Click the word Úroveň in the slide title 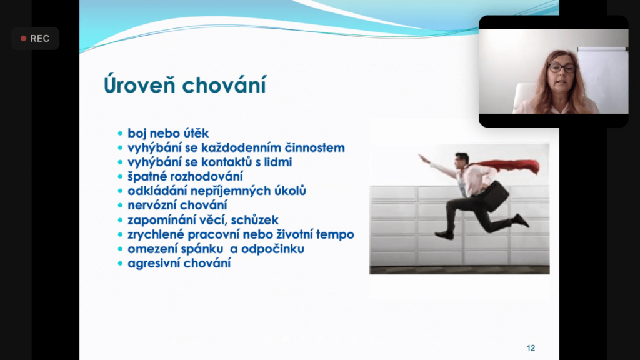(x=139, y=84)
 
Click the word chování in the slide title (x=224, y=85)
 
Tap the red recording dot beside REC (x=23, y=38)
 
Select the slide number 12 (x=531, y=348)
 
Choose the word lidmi (x=278, y=162)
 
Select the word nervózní (x=151, y=205)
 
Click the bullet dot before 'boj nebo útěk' (x=120, y=133)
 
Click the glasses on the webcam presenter (x=562, y=67)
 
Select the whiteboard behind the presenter (x=603, y=79)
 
